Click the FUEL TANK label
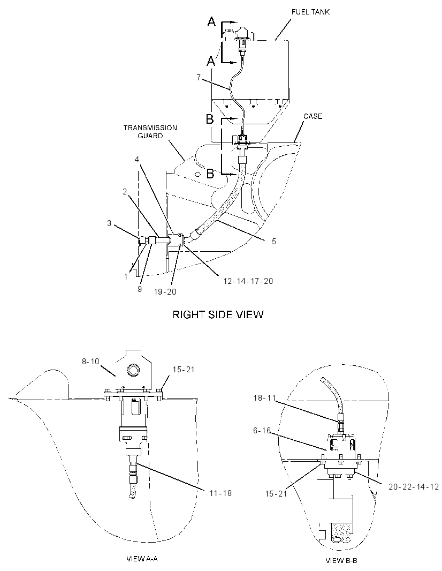click(311, 12)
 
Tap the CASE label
click(313, 116)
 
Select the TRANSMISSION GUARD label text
click(150, 131)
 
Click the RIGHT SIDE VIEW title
click(218, 314)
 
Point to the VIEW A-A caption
click(141, 559)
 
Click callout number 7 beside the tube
click(199, 78)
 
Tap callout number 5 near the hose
click(273, 241)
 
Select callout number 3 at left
click(109, 223)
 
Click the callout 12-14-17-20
click(248, 281)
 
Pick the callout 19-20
click(164, 292)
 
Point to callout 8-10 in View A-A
click(90, 362)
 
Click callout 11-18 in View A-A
click(220, 493)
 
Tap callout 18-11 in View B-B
click(265, 398)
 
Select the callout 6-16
click(262, 431)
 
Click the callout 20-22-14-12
click(414, 486)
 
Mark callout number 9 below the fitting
click(140, 289)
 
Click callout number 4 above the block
click(136, 160)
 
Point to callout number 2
click(125, 192)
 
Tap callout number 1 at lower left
click(126, 277)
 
